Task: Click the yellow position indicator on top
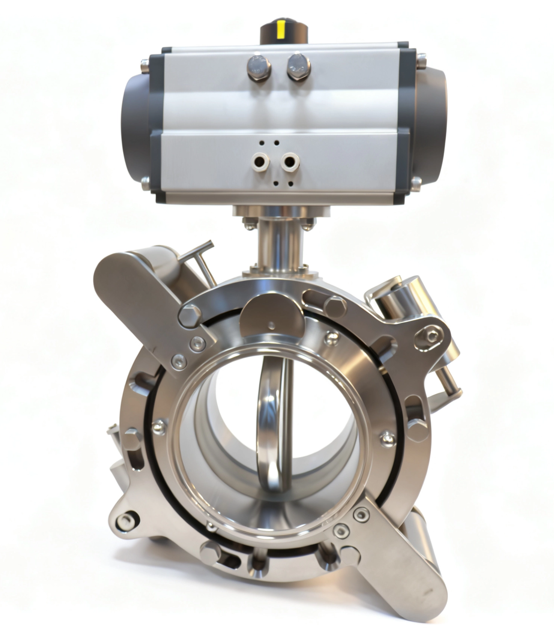click(x=280, y=28)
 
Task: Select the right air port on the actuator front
click(x=289, y=162)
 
